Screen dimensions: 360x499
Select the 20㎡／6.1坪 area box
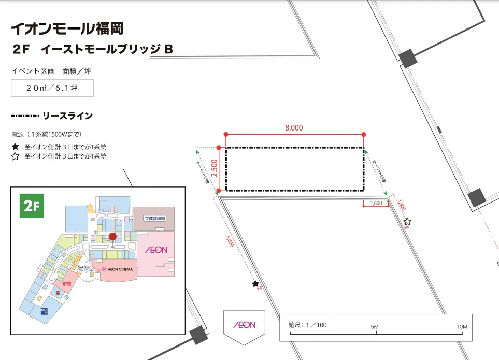52,88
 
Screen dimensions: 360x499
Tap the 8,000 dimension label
293,128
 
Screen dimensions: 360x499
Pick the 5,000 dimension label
231,241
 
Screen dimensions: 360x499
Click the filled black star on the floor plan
255,284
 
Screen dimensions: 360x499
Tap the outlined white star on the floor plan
407,221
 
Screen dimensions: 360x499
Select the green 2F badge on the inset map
31,206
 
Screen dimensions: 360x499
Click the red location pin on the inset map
112,237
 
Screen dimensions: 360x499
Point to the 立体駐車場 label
154,219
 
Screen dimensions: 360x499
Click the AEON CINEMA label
117,270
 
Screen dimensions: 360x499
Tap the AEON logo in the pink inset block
155,250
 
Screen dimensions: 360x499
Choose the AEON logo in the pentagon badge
244,325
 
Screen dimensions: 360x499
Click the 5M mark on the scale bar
375,327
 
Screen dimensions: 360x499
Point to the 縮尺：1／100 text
308,325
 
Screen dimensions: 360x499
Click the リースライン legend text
67,116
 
